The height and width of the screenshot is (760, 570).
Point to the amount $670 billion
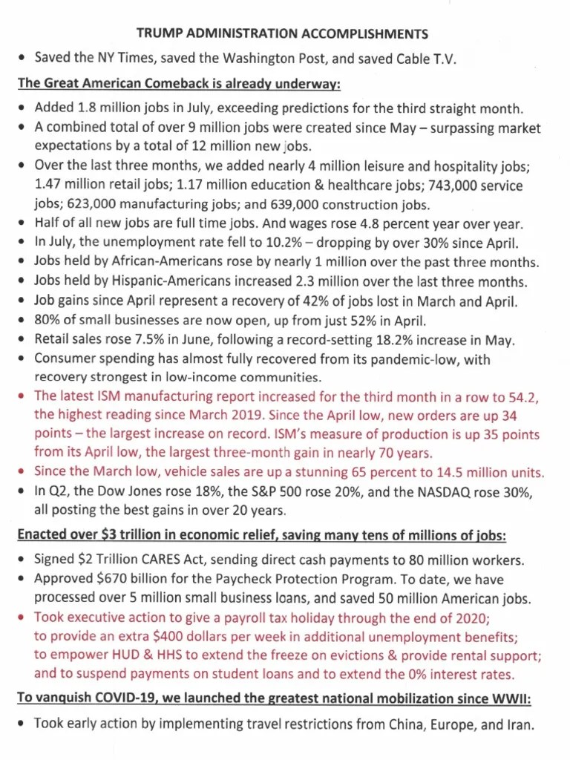click(x=131, y=579)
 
